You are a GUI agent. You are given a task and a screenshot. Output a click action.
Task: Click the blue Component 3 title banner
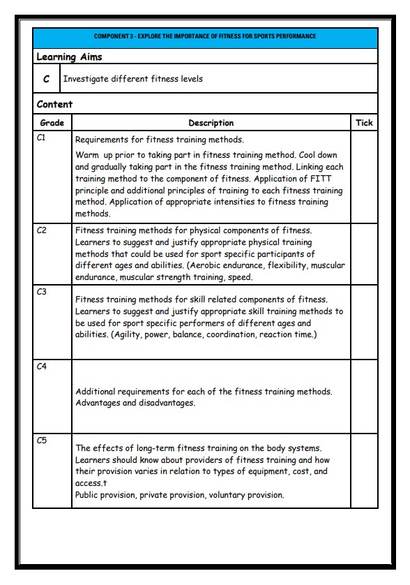pos(205,36)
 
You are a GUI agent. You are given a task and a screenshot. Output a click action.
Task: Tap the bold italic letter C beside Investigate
pos(47,80)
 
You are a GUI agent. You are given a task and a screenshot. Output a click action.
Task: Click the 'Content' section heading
pos(54,104)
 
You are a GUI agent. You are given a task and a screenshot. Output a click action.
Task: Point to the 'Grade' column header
pos(52,123)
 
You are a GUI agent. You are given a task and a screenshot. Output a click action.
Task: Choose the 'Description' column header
pos(211,123)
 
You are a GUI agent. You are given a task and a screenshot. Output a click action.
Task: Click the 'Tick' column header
pos(364,123)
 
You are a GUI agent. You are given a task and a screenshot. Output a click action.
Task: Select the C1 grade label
pos(41,138)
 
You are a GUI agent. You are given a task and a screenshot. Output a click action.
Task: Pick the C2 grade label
pos(41,230)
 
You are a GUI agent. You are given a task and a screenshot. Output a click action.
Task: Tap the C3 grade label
pos(41,292)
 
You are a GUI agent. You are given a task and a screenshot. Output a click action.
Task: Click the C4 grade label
pos(41,366)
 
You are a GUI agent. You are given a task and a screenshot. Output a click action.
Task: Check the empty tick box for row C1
pos(364,177)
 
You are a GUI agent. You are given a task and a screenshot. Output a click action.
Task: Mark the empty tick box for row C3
pos(364,322)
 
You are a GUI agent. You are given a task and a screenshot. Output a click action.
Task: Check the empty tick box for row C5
pos(364,471)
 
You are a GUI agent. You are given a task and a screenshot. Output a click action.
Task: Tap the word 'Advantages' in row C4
pos(98,403)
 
